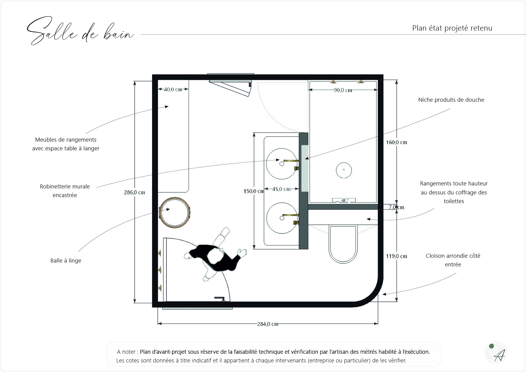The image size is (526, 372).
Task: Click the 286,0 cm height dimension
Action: (x=134, y=193)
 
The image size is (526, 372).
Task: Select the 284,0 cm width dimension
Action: (x=267, y=324)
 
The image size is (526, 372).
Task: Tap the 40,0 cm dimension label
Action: (x=173, y=89)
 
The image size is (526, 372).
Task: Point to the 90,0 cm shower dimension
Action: (x=343, y=90)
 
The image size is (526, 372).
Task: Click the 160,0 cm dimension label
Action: (x=396, y=142)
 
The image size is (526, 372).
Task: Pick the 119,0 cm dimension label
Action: (x=396, y=256)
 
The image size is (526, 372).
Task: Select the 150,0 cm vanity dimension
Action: (x=253, y=191)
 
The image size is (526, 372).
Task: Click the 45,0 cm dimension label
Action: (x=281, y=189)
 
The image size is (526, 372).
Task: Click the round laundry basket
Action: (x=174, y=211)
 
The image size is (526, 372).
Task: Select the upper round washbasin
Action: (x=282, y=164)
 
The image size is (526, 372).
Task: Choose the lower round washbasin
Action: (x=282, y=218)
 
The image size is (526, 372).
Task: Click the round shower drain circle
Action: (x=344, y=170)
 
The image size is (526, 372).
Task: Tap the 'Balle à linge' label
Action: (x=66, y=261)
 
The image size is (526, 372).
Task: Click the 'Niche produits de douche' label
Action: (x=451, y=100)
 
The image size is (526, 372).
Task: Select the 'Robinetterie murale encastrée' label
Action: (x=65, y=191)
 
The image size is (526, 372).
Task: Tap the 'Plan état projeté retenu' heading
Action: (x=452, y=28)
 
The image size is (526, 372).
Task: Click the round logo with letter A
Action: (x=495, y=352)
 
